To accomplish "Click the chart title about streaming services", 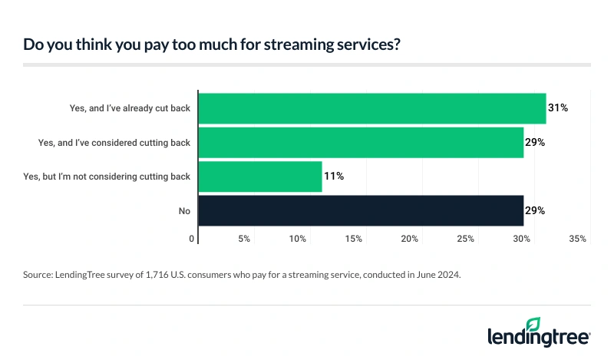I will click(x=211, y=45).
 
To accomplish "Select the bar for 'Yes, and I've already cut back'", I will click(x=372, y=108).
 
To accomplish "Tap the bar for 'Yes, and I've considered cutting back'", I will click(x=361, y=142).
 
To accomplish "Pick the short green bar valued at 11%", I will click(x=260, y=176).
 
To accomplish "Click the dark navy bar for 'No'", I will click(x=361, y=210).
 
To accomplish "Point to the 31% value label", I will click(x=558, y=108).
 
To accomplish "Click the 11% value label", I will click(x=334, y=176).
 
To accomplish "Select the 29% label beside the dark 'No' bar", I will click(x=535, y=210).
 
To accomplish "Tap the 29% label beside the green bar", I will click(x=535, y=142).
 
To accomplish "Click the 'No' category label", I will click(x=183, y=210).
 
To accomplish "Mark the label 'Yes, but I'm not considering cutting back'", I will click(x=107, y=176).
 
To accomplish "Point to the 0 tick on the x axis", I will click(x=192, y=239).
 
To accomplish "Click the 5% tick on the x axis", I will click(x=244, y=239).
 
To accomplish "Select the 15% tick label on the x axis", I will click(x=354, y=239).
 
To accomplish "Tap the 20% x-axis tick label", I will click(x=409, y=239).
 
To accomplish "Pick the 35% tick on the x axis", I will click(x=577, y=239).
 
